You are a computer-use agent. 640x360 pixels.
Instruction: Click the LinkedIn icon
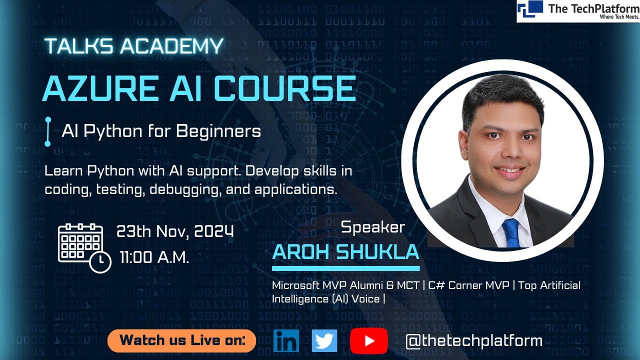(x=286, y=340)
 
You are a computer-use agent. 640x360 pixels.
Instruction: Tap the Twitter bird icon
(x=324, y=340)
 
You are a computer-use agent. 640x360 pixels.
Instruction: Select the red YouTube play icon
(x=369, y=341)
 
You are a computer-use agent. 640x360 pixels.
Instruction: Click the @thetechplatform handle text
(x=474, y=341)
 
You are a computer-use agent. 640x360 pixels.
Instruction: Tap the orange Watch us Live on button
(x=182, y=341)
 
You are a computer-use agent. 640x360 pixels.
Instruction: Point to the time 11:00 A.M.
(x=154, y=257)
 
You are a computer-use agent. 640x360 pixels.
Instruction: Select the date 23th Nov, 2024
(x=175, y=231)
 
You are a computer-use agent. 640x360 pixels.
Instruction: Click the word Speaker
(x=372, y=227)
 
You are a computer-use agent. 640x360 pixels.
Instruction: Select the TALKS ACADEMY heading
(x=133, y=46)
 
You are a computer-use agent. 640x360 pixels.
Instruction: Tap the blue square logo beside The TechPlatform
(x=530, y=9)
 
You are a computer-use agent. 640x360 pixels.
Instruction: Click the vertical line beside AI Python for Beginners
(x=48, y=131)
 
